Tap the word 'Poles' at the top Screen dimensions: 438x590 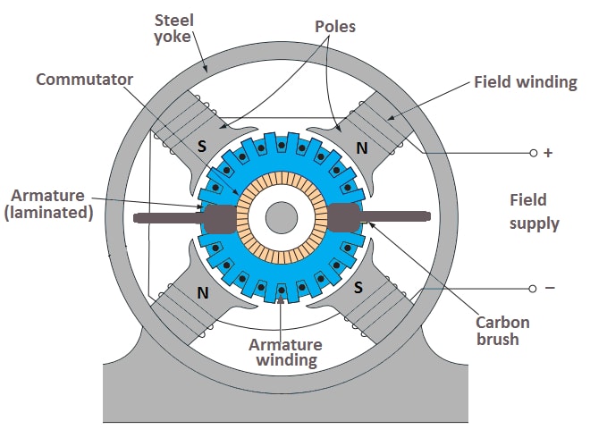tap(336, 26)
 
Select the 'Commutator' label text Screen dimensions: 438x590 tap(84, 80)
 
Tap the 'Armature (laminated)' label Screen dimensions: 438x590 tap(50, 204)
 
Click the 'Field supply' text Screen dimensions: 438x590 tap(534, 211)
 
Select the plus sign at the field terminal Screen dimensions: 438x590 tap(548, 153)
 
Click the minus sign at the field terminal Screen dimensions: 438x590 tap(549, 288)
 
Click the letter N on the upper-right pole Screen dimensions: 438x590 tap(361, 147)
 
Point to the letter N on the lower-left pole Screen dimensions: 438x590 tap(203, 291)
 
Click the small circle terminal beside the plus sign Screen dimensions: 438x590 tap(533, 154)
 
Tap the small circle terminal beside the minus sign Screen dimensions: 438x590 tap(533, 288)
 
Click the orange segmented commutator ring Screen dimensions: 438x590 tap(282, 183)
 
